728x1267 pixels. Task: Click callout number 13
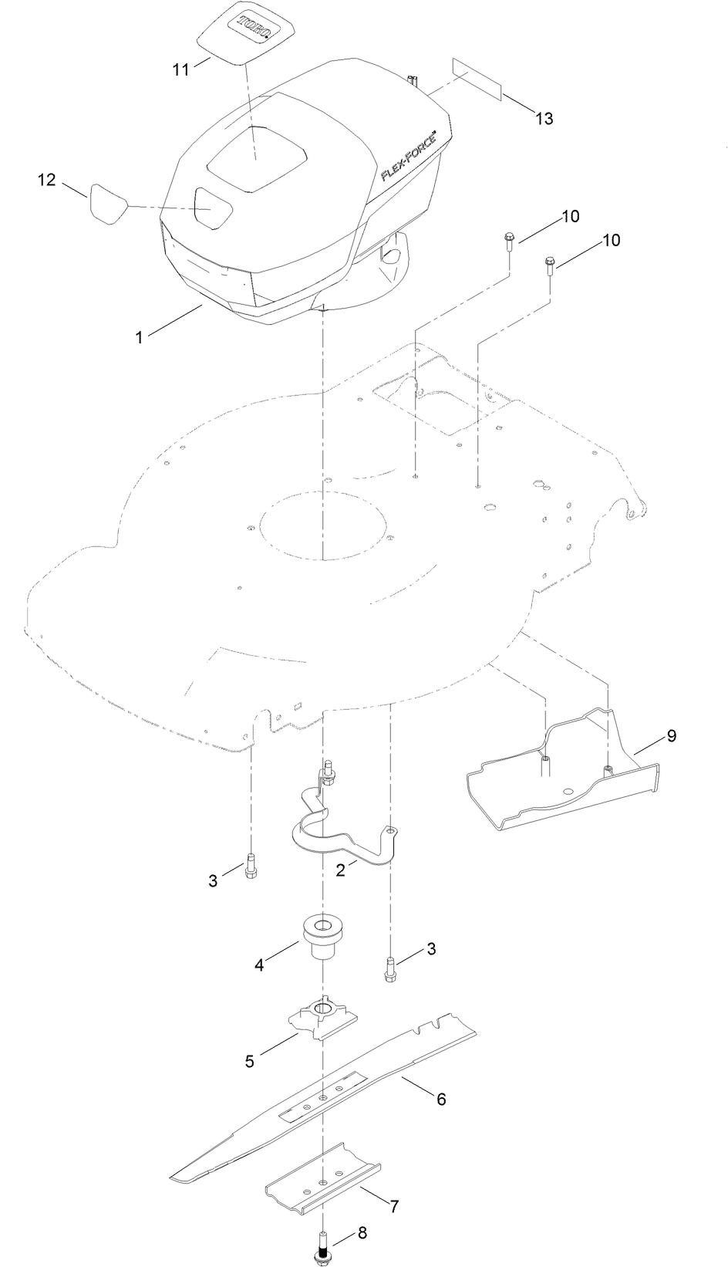544,118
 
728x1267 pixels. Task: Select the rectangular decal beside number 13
477,77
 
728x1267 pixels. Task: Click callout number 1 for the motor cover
139,337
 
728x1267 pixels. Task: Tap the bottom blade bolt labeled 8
322,1247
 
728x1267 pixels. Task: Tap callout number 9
671,735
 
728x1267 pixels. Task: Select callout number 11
180,69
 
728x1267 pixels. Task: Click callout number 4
259,964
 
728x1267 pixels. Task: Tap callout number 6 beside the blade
441,1098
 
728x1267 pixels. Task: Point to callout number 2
340,869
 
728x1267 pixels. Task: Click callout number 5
249,1061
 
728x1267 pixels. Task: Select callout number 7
394,1204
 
